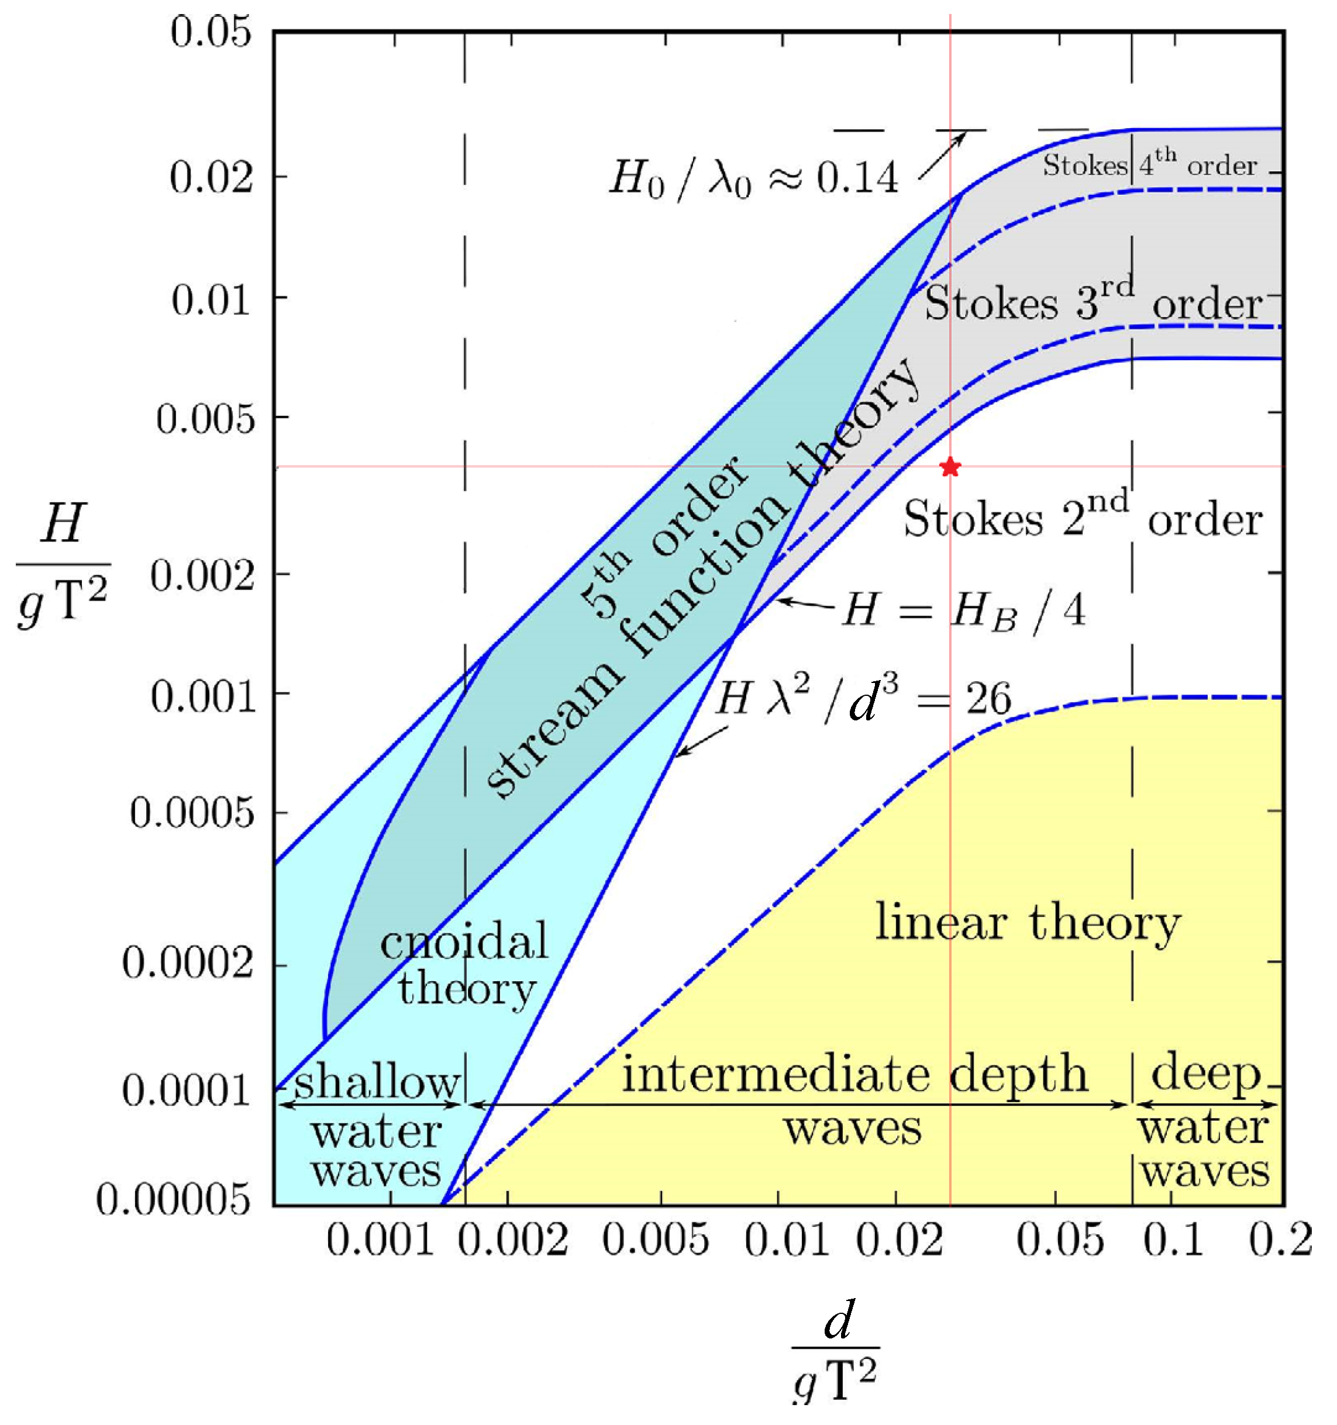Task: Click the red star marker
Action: click(x=950, y=467)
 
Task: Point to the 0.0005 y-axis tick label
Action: click(x=192, y=813)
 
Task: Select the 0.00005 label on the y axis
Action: click(x=174, y=1199)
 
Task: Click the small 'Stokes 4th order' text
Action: click(x=1149, y=164)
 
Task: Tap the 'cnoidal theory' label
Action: click(x=464, y=965)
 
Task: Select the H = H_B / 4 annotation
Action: click(x=963, y=612)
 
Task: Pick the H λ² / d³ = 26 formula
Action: click(x=864, y=699)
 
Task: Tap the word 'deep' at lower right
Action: click(x=1206, y=1074)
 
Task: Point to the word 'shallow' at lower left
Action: click(x=377, y=1082)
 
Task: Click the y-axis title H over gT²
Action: click(x=63, y=565)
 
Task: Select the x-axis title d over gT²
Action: click(x=836, y=1345)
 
